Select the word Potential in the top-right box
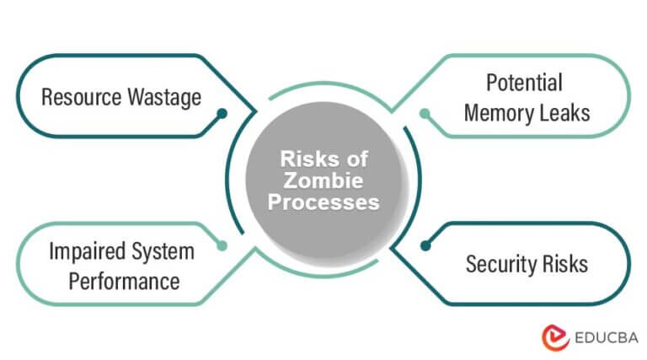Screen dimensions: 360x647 (524, 83)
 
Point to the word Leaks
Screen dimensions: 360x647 (564, 111)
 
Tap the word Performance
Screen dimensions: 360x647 (124, 281)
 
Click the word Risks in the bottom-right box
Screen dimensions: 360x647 (565, 264)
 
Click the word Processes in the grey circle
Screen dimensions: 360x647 (324, 203)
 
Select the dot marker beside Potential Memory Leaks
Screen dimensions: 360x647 (425, 112)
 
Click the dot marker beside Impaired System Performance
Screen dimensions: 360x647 (222, 245)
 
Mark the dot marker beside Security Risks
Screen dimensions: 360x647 (425, 245)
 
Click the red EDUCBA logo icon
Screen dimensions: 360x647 (553, 336)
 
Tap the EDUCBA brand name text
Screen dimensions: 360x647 (602, 336)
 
